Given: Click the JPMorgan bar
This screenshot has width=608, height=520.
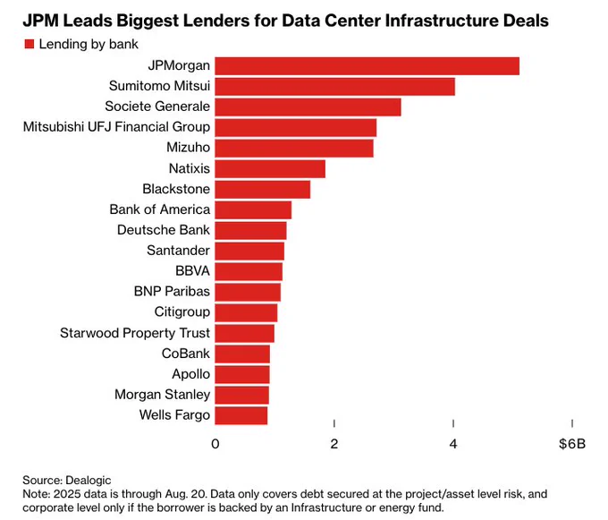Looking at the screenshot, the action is point(367,66).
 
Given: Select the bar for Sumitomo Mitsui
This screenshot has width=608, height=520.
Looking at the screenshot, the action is point(335,87).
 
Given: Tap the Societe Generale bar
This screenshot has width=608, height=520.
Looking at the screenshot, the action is point(308,107).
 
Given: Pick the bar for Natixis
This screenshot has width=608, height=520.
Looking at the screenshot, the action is point(270,169).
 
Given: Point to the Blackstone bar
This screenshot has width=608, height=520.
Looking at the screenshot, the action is point(263,190).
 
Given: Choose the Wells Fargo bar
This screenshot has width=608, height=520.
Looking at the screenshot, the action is point(241,415).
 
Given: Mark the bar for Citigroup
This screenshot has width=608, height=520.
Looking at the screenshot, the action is point(246,312).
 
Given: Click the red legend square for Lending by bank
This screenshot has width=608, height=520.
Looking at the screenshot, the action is point(30,44).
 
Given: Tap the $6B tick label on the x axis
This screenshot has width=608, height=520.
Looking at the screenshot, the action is point(572,444).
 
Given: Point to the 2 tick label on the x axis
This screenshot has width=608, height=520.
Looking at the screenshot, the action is point(334,444).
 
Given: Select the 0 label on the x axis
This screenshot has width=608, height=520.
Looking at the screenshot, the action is point(215,444).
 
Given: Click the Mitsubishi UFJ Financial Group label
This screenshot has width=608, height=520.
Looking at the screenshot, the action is point(117,127).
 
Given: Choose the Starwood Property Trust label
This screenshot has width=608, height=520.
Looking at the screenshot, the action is point(135,333).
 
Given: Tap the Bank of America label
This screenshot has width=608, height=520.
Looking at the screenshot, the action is point(160,209).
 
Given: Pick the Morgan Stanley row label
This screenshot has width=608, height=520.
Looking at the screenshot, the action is point(163,395).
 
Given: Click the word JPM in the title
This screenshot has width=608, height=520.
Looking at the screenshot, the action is point(41,21).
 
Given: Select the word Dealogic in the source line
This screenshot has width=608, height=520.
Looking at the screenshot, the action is point(89,481).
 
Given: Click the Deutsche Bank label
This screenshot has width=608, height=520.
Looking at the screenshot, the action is point(164,230).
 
